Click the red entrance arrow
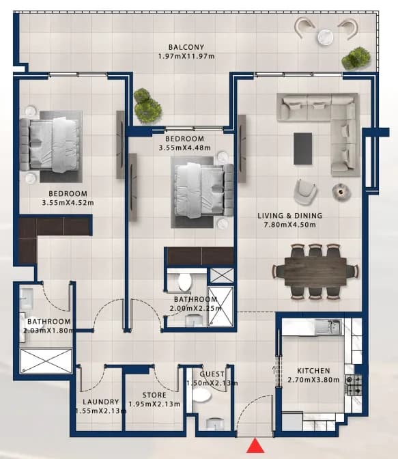(x=255, y=445)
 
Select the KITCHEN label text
(x=313, y=371)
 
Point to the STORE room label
(x=154, y=395)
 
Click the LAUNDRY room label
(x=100, y=402)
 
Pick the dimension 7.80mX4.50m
(x=289, y=225)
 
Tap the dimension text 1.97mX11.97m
(x=186, y=56)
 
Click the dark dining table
(x=315, y=270)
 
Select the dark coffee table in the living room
(x=302, y=148)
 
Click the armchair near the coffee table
(x=305, y=192)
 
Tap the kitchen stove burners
(x=353, y=385)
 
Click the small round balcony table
(x=325, y=37)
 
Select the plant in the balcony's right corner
(x=356, y=58)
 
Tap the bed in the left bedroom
(x=50, y=145)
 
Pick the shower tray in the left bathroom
(x=46, y=361)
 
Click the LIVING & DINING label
(x=289, y=216)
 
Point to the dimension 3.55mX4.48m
(x=184, y=148)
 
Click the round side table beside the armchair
(x=341, y=192)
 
